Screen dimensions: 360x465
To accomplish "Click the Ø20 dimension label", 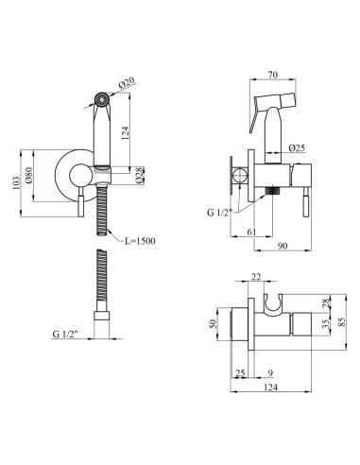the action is point(127,82).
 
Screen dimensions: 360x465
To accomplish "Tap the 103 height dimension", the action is point(16,183).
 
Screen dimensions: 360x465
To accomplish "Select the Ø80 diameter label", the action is point(28,176).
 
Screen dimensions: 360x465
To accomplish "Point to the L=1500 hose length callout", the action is point(140,241).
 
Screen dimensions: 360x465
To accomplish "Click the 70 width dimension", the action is point(273,75).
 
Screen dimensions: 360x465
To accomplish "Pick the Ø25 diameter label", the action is point(297,147).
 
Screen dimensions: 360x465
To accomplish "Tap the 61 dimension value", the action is point(251,232).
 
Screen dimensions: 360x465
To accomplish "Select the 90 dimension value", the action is point(283,246).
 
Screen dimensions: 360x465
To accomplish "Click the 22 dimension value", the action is point(256,277).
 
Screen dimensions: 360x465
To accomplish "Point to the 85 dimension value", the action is point(342,321).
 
